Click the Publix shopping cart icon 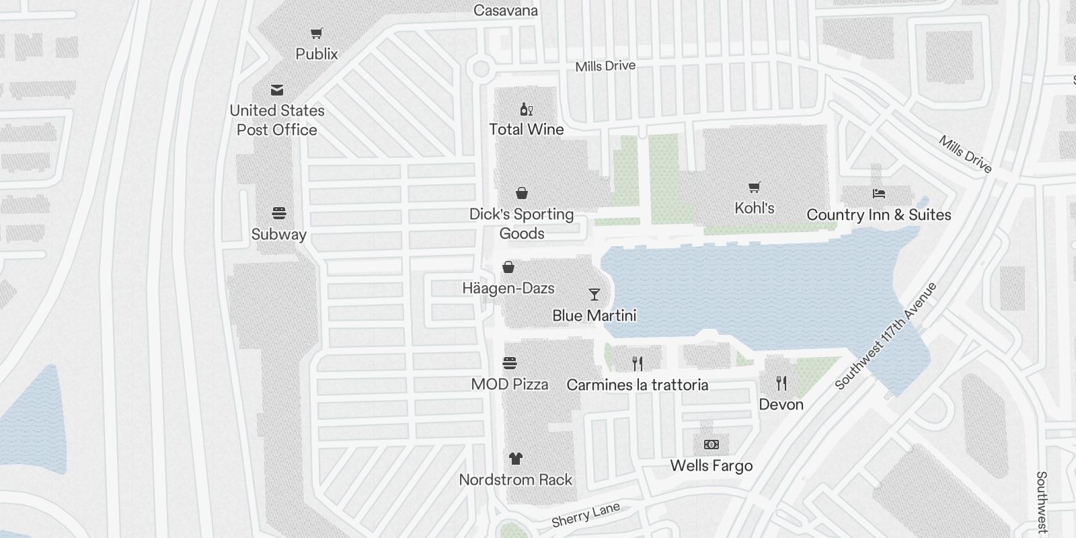(x=317, y=34)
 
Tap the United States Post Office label (x=277, y=120)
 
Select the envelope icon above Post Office (x=277, y=90)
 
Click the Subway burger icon (x=279, y=214)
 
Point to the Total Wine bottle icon (x=526, y=109)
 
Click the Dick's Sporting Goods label (x=522, y=223)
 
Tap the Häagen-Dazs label (x=508, y=288)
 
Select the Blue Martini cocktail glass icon (x=594, y=295)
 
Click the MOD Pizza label (x=510, y=384)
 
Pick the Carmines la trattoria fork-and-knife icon (x=638, y=364)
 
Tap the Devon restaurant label (x=781, y=404)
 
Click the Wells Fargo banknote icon (x=711, y=445)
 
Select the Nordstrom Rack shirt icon (x=515, y=459)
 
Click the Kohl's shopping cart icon (x=754, y=188)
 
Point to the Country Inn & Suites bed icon (x=878, y=194)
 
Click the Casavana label (x=506, y=10)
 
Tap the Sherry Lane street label (x=585, y=515)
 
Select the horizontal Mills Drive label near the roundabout (x=605, y=66)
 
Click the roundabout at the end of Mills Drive (x=480, y=68)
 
